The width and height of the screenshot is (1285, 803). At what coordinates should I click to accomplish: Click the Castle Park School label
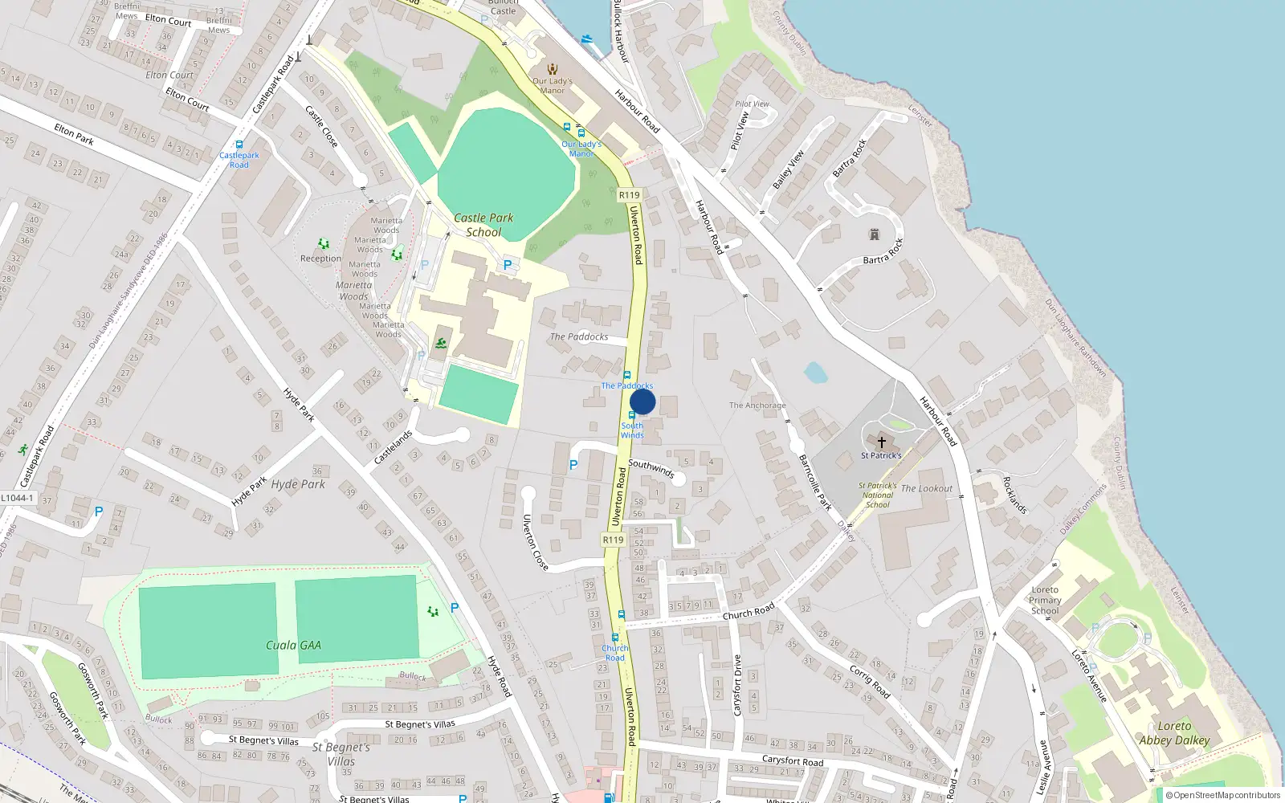(483, 225)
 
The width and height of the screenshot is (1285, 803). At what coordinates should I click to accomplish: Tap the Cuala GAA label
(293, 645)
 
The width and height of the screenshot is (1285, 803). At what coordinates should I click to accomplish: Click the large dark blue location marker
(642, 402)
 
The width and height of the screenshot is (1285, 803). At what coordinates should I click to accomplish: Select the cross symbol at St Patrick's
(881, 442)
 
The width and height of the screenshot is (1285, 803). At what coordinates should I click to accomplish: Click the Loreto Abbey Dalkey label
(1174, 733)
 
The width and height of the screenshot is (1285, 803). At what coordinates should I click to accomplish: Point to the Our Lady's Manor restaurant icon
(552, 69)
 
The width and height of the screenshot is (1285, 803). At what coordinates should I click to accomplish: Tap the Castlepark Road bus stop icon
(239, 145)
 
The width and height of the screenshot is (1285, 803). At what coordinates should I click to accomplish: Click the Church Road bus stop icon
(621, 615)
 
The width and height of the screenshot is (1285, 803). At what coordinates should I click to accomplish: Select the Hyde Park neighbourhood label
(298, 484)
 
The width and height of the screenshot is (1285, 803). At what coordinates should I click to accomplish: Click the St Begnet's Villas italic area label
(341, 754)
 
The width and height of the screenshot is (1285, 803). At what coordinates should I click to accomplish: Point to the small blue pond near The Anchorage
(815, 373)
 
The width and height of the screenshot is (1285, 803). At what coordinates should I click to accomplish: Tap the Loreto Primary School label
(1045, 600)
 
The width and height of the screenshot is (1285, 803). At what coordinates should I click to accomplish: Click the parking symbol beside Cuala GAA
(455, 608)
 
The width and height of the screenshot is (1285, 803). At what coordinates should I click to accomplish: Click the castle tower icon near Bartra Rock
(875, 234)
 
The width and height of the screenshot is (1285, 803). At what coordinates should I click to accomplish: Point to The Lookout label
(926, 488)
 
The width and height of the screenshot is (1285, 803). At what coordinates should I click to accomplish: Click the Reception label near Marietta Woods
(320, 259)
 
